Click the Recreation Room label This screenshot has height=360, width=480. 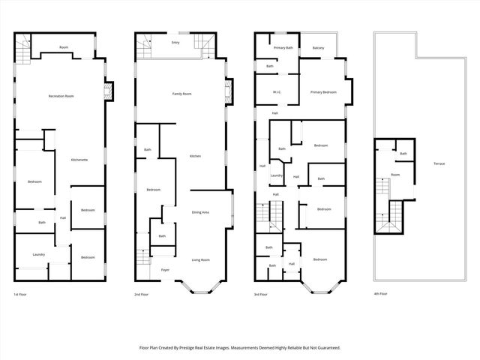pos(61,96)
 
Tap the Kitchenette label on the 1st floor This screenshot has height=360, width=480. pos(79,160)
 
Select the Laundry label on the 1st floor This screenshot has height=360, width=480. pos(39,254)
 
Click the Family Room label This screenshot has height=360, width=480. pos(181,94)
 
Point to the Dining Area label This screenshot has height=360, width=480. pos(200,212)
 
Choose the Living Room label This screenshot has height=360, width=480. pos(200,259)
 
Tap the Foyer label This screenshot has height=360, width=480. pos(165,269)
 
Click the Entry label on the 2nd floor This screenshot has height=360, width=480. pos(175,43)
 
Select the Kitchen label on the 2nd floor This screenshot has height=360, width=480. pos(195,155)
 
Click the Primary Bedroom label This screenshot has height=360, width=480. pos(323,92)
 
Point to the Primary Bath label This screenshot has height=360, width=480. pos(283,48)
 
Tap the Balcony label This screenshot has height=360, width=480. pos(319,48)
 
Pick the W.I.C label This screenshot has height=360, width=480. pos(276,92)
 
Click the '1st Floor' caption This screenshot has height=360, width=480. pos(22,294)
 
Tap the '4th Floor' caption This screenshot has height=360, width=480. pos(382,294)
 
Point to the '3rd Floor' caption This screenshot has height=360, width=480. pos(262,294)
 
